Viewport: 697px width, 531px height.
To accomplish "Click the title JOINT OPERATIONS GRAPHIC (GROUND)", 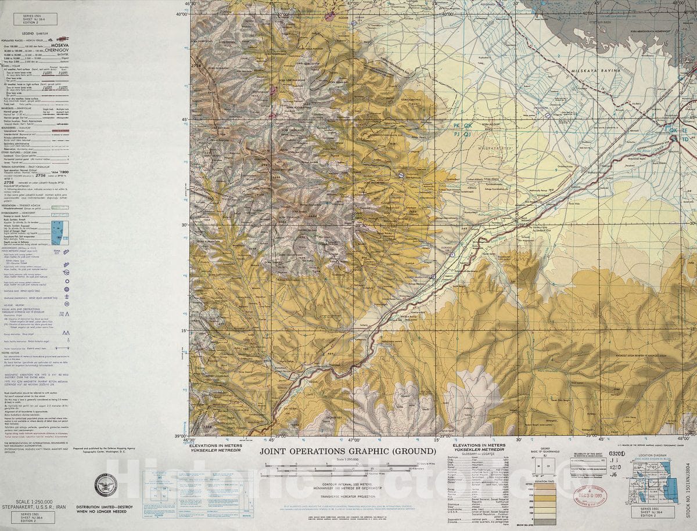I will pyautogui.click(x=347, y=451).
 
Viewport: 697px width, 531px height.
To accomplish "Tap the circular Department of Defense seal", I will pyautogui.click(x=106, y=485).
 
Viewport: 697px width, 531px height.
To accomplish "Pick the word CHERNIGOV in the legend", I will pyautogui.click(x=58, y=50).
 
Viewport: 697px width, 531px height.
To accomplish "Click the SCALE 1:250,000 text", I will pyautogui.click(x=35, y=502).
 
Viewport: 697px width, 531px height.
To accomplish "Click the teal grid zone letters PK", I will pyautogui.click(x=460, y=124).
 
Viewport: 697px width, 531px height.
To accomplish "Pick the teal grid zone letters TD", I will pyautogui.click(x=685, y=139).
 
